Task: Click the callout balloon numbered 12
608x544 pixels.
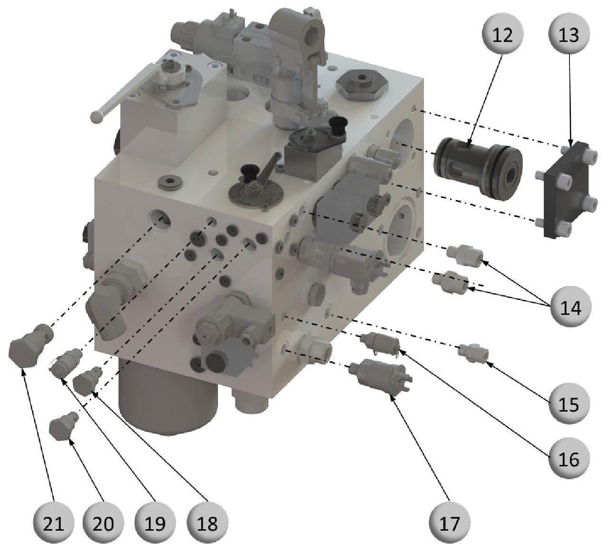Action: coord(502,35)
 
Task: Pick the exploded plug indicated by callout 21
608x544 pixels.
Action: coord(30,346)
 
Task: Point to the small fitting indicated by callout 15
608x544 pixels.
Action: coord(473,353)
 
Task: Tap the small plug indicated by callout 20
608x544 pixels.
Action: coord(64,425)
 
